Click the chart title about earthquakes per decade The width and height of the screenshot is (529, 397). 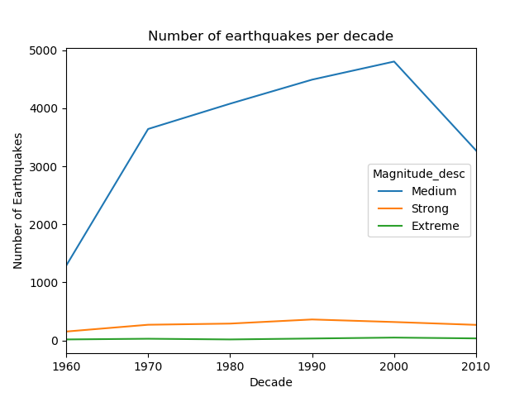(x=270, y=36)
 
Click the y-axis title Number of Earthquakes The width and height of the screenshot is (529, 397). (x=18, y=201)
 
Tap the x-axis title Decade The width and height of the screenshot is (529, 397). (x=270, y=383)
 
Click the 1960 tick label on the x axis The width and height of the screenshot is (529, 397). (x=66, y=366)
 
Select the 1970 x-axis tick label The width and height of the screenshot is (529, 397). (x=148, y=366)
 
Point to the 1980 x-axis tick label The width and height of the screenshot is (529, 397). (x=230, y=366)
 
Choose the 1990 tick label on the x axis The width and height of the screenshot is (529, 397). (x=312, y=366)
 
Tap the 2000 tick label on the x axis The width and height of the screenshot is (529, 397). (x=393, y=366)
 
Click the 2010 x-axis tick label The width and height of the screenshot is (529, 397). (x=475, y=366)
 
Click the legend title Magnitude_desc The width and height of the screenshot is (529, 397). (x=419, y=174)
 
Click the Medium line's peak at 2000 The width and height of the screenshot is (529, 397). (x=394, y=61)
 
